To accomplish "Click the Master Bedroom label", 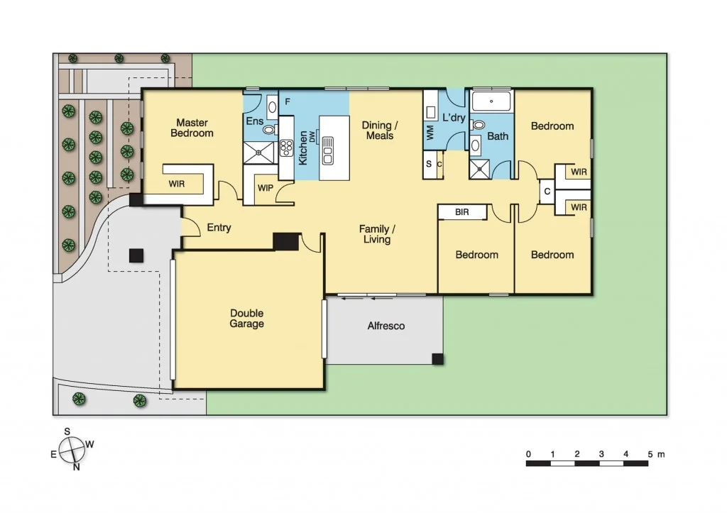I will (192, 128).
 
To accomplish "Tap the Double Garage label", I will (246, 319).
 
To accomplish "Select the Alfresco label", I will (386, 326).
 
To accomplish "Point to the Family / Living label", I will (376, 234).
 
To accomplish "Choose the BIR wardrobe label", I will (462, 211).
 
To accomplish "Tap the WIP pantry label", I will (266, 188).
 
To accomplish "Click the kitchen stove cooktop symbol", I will (287, 148).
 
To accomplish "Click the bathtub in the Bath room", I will (491, 101).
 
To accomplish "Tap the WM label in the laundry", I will (430, 131).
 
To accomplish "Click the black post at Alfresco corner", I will (438, 359).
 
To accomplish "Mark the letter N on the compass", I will (77, 466).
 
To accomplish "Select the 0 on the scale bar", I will (528, 454).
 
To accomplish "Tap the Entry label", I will (219, 228).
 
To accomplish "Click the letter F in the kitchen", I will (288, 101).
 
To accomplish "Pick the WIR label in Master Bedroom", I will (177, 184).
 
